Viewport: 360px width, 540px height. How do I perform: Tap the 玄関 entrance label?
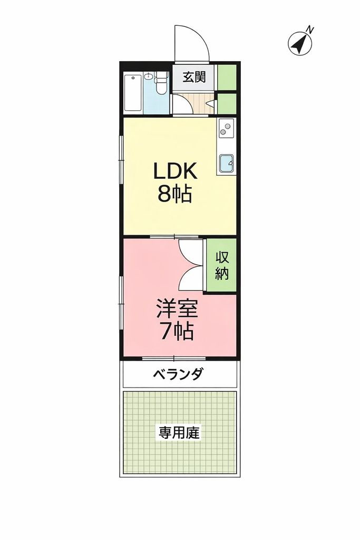click(194, 77)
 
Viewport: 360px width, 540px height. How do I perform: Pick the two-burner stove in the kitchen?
click(226, 129)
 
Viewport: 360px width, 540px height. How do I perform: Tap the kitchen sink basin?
click(226, 162)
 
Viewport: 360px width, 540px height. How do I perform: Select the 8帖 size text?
click(174, 196)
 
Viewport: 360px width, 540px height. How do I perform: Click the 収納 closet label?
click(221, 266)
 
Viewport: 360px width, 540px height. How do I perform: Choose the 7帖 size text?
click(177, 332)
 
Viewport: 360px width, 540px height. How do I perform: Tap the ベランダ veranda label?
click(178, 375)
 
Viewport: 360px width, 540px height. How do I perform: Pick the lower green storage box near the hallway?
click(227, 103)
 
